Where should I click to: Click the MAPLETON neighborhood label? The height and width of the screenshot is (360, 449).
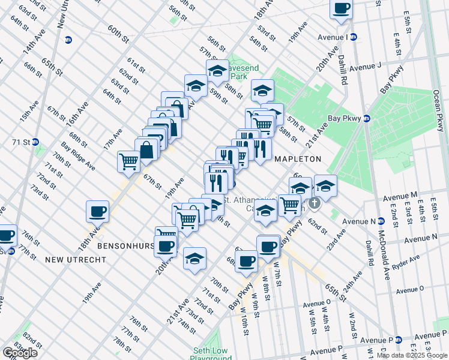297,159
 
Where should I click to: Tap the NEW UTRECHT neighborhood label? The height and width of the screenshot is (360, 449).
76,260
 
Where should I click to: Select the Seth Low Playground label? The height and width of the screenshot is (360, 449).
211,354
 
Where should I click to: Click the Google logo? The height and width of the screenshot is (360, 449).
20,352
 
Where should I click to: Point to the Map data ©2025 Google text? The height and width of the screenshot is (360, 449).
412,355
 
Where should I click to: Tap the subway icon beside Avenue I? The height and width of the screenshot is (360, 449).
354,37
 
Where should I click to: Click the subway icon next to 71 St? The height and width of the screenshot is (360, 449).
35,142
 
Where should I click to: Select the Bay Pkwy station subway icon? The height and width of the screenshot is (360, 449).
366,118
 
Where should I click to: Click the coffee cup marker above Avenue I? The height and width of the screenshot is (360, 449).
341,9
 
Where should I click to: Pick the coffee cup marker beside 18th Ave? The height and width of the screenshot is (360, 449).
98,211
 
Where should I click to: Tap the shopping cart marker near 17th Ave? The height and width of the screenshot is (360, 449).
128,161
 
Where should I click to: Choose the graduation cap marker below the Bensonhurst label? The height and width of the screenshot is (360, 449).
194,259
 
